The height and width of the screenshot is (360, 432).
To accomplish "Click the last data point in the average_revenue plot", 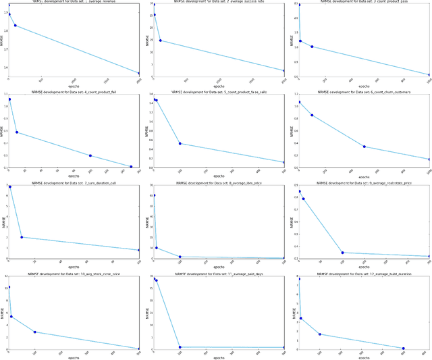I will coord(139,74).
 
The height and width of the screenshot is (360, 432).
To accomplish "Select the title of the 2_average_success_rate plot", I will coord(219,2).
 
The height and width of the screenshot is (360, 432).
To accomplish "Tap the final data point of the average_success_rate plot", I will coord(284,71).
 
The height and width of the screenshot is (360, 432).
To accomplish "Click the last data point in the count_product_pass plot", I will coord(429,75).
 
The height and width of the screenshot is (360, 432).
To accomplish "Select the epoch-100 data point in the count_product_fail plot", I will coord(90,156).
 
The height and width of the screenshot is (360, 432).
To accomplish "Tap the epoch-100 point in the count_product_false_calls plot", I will coord(180,143).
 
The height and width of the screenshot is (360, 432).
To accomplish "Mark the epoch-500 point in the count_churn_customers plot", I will coord(364,147).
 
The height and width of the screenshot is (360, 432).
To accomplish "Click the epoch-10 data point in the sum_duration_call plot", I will coord(22,237).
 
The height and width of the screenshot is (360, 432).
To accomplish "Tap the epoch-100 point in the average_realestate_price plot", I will coord(342,253).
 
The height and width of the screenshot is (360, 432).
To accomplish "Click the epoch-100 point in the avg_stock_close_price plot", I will coord(34,332).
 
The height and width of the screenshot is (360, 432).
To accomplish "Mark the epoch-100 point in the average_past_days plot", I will coord(180,347).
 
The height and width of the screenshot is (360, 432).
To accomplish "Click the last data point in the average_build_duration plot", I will coord(403,349).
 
